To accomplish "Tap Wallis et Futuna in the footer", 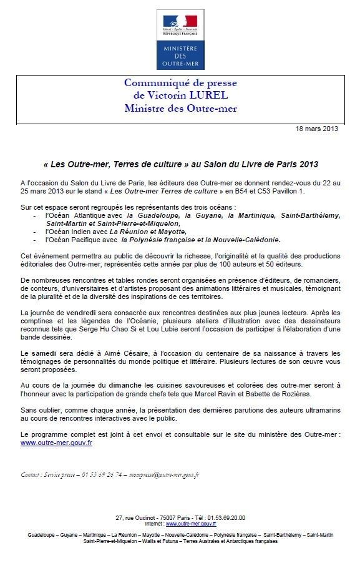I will coord(157,541).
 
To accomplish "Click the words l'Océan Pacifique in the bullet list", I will coord(72,238).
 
